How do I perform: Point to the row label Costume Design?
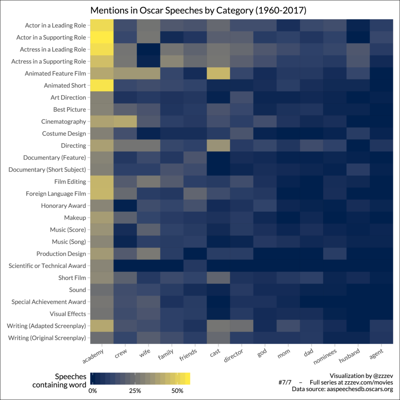[64, 134]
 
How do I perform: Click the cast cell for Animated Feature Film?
[218, 74]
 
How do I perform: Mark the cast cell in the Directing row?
[218, 146]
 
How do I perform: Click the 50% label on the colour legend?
[177, 390]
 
